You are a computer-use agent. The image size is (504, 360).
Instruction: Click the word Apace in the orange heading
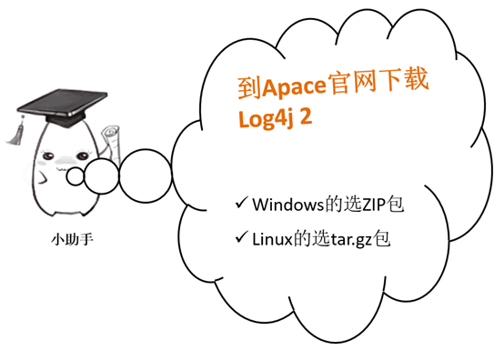[x=296, y=89]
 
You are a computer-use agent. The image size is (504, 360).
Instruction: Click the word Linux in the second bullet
[x=274, y=239]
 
